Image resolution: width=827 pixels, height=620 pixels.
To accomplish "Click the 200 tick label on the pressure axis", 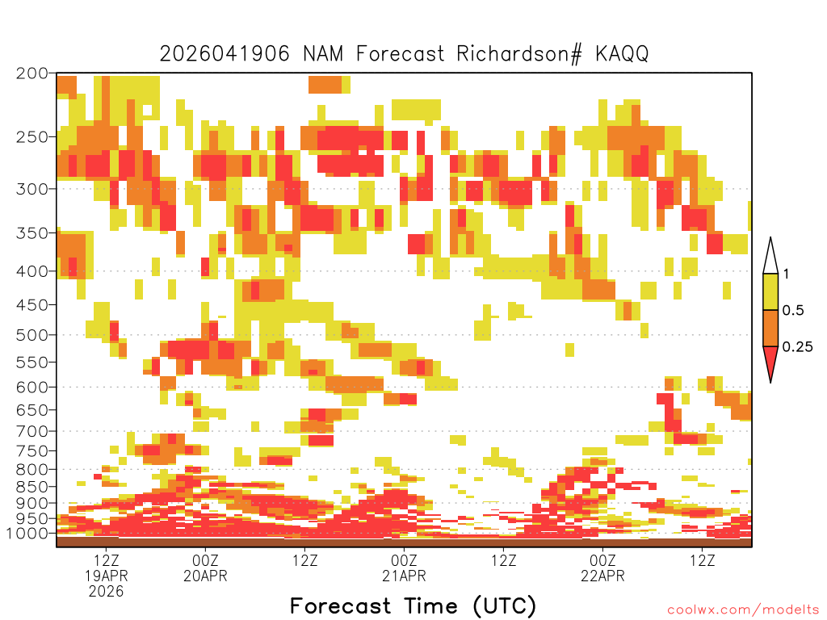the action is [32, 73].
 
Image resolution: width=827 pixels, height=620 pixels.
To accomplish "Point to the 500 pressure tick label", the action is [32, 335].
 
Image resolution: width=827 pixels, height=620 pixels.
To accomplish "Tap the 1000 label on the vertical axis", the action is [27, 534].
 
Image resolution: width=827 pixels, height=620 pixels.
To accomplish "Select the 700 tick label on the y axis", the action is [32, 431].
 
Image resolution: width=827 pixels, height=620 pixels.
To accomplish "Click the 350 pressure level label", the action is [32, 233].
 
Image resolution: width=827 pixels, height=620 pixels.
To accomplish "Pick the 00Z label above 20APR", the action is [205, 560].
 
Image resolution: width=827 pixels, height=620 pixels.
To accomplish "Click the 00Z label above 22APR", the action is [602, 560].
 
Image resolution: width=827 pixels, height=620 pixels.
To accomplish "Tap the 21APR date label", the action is [404, 576].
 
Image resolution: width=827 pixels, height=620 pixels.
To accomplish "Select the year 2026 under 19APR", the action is [106, 592].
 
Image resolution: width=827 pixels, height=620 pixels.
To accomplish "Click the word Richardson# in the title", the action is [519, 54].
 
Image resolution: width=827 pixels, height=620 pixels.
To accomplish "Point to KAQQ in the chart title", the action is [623, 54].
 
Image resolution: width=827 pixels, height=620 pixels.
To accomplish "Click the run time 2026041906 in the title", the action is [225, 54].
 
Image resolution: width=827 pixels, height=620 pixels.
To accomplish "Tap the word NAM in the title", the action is [323, 54].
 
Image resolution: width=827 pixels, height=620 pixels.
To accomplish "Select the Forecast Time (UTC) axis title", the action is [413, 606].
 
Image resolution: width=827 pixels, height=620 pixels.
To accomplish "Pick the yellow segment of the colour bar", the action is [770, 291].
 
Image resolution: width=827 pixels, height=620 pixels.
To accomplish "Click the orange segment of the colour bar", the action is [770, 328].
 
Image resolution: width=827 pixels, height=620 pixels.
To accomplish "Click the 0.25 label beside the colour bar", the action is [797, 347].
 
